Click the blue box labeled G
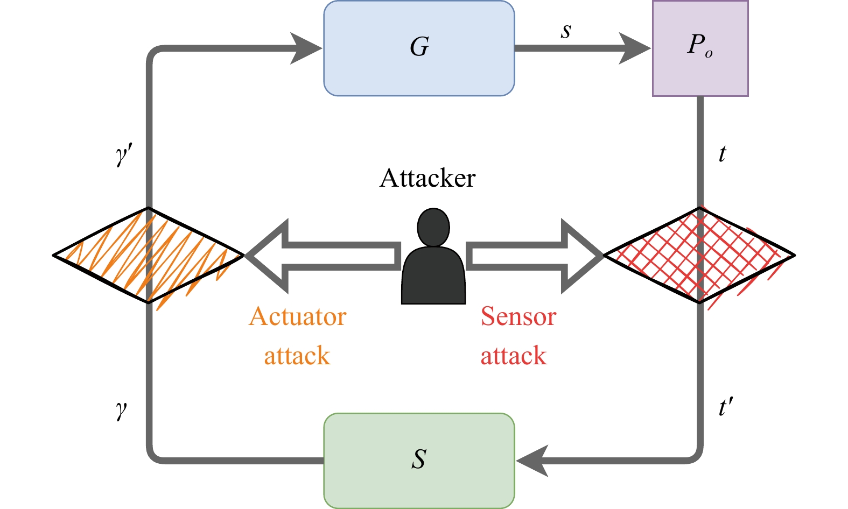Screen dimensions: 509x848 [419, 48]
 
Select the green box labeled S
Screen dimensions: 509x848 [419, 461]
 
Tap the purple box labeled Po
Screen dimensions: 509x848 [700, 48]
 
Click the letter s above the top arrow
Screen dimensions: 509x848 [565, 31]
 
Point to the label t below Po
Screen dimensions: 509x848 [722, 154]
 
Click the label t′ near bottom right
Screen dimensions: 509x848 [725, 407]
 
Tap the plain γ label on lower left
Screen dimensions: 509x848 [121, 409]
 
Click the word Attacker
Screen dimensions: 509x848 [427, 179]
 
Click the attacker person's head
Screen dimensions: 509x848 [433, 227]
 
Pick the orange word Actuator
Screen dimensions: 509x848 [297, 316]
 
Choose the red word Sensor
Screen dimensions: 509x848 [518, 316]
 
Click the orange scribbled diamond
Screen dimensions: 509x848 [148, 255]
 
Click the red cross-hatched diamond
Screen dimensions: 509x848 [699, 255]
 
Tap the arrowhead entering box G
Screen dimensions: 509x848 [306, 48]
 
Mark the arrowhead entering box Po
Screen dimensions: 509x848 [634, 48]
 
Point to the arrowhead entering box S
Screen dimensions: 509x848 [533, 461]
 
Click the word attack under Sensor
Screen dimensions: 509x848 [513, 356]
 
